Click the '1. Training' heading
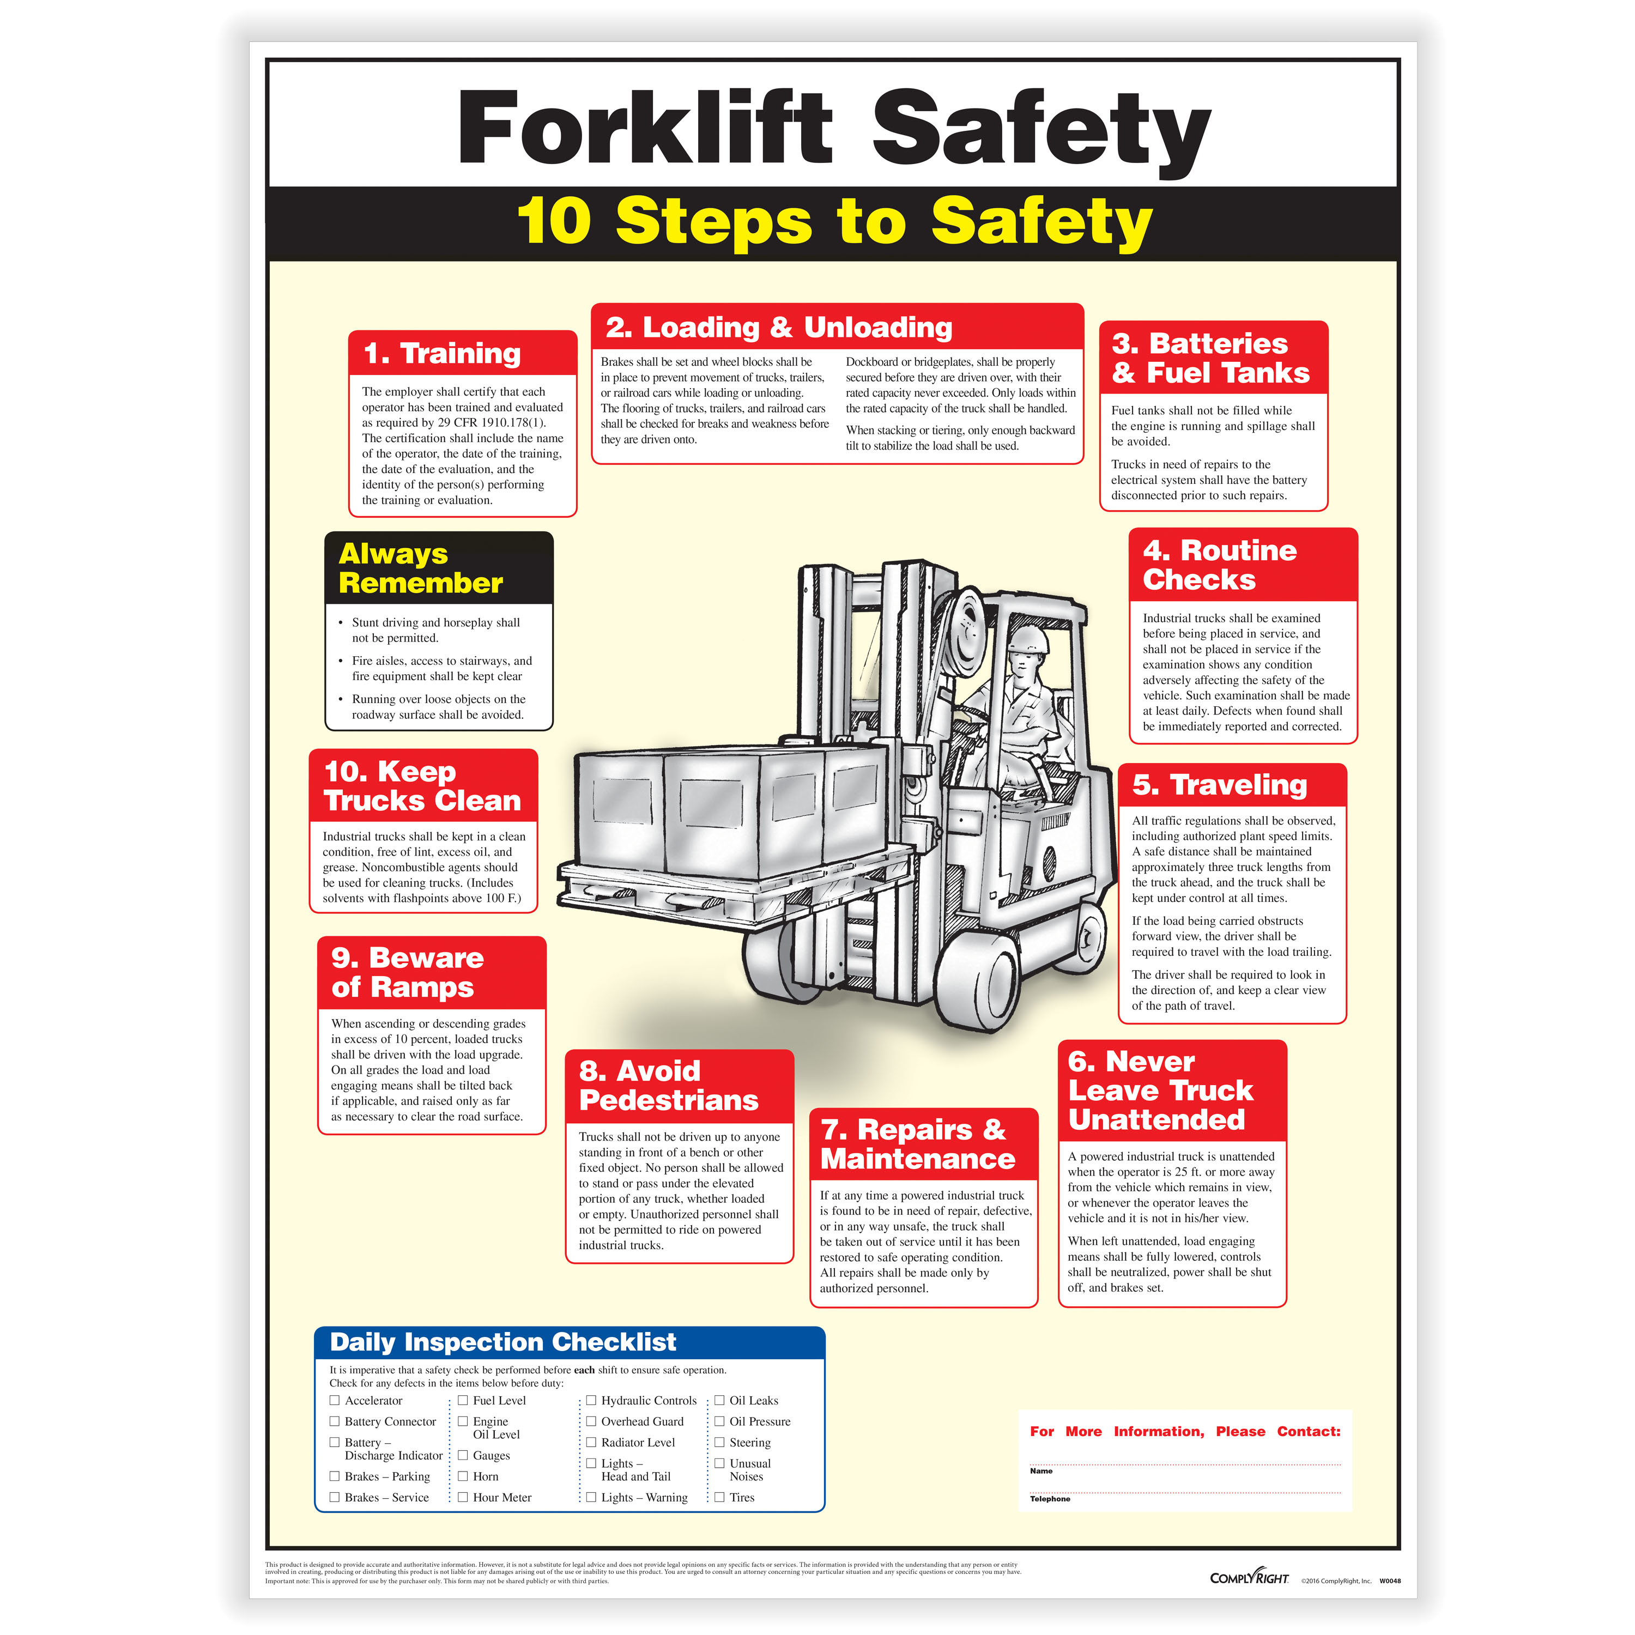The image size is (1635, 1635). click(x=442, y=354)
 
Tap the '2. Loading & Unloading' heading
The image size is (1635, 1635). click(x=779, y=328)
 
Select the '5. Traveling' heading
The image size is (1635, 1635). click(x=1220, y=785)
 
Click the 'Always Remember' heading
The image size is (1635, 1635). click(x=421, y=568)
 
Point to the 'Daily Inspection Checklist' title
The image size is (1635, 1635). click(x=502, y=1342)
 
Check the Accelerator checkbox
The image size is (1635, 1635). click(x=334, y=1401)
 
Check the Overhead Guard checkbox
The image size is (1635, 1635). click(x=591, y=1422)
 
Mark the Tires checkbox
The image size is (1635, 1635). click(x=719, y=1497)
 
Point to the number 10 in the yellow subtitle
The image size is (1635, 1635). click(x=554, y=222)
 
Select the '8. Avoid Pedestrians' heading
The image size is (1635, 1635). click(x=669, y=1086)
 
